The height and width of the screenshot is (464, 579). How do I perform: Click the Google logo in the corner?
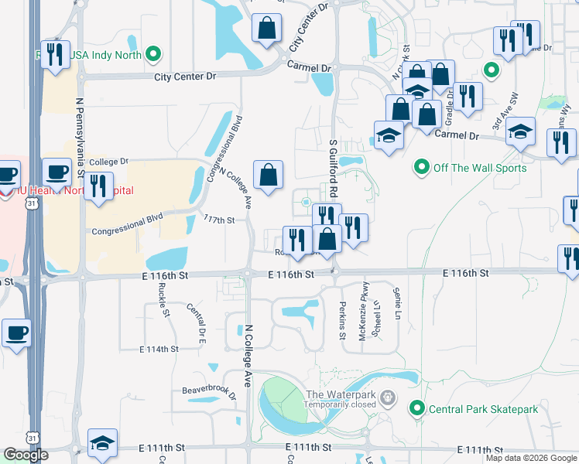coord(26,455)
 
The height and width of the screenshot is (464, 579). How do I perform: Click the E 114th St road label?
coord(159,350)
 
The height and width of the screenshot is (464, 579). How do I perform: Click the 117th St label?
coord(219,220)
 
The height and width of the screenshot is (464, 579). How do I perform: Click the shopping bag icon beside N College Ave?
coord(268,174)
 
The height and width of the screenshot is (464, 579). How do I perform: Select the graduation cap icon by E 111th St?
coord(102,442)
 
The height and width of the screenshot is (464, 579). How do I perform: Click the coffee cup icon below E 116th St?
coord(16,333)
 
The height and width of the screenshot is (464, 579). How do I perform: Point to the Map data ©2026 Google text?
coord(530,458)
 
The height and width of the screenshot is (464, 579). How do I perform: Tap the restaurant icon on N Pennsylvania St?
coord(98,186)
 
